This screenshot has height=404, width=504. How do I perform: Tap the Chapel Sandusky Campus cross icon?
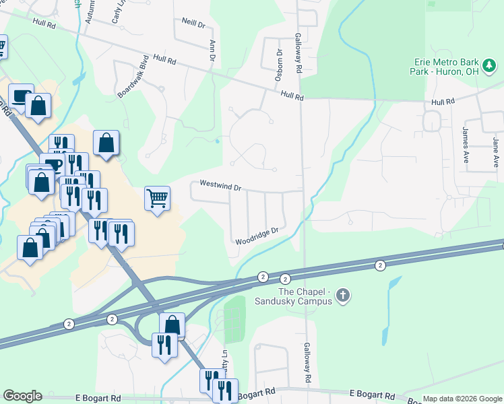[343, 296]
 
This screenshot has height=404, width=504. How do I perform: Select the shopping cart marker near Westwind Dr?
[157, 199]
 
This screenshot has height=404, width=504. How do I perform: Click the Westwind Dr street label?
[220, 184]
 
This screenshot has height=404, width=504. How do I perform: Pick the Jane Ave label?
[495, 152]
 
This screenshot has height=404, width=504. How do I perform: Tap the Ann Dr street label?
[212, 50]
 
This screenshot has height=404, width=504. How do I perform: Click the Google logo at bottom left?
[22, 396]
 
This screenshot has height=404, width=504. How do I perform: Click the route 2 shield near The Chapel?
[285, 278]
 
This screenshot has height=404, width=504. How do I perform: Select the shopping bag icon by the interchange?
[172, 325]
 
